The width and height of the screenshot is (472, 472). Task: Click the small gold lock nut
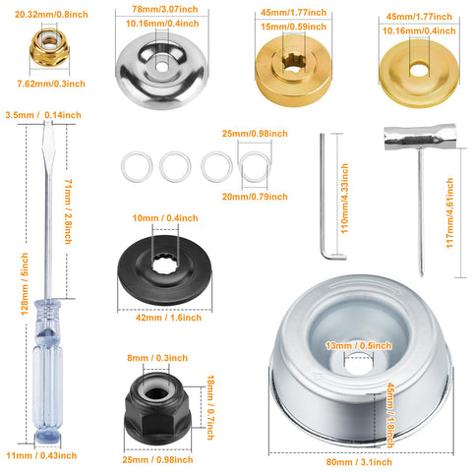pyautogui.click(x=49, y=47)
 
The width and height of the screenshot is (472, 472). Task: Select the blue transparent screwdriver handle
pyautogui.click(x=48, y=372)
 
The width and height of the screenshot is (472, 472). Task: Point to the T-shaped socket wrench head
pyautogui.click(x=420, y=137)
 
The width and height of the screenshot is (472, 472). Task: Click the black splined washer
pyautogui.click(x=164, y=270)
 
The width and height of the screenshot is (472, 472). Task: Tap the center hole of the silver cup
pyautogui.click(x=359, y=361)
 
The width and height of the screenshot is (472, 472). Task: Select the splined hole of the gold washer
pyautogui.click(x=294, y=61)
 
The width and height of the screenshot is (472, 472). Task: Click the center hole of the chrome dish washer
pyautogui.click(x=161, y=67)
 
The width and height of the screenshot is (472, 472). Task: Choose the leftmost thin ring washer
pyautogui.click(x=137, y=166)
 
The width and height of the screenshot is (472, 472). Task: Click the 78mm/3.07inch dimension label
pyautogui.click(x=165, y=9)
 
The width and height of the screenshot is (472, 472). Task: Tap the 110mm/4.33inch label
pyautogui.click(x=344, y=199)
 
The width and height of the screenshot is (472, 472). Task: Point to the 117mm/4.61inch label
pyautogui.click(x=449, y=213)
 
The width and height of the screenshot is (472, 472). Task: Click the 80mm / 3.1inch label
pyautogui.click(x=359, y=462)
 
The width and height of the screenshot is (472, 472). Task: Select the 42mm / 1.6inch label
pyautogui.click(x=168, y=318)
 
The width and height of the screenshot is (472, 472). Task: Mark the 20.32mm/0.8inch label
pyautogui.click(x=51, y=15)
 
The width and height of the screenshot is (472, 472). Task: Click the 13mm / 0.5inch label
pyautogui.click(x=359, y=345)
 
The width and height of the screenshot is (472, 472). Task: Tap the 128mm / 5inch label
pyautogui.click(x=25, y=284)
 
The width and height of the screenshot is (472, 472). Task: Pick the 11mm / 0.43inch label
pyautogui.click(x=41, y=455)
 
